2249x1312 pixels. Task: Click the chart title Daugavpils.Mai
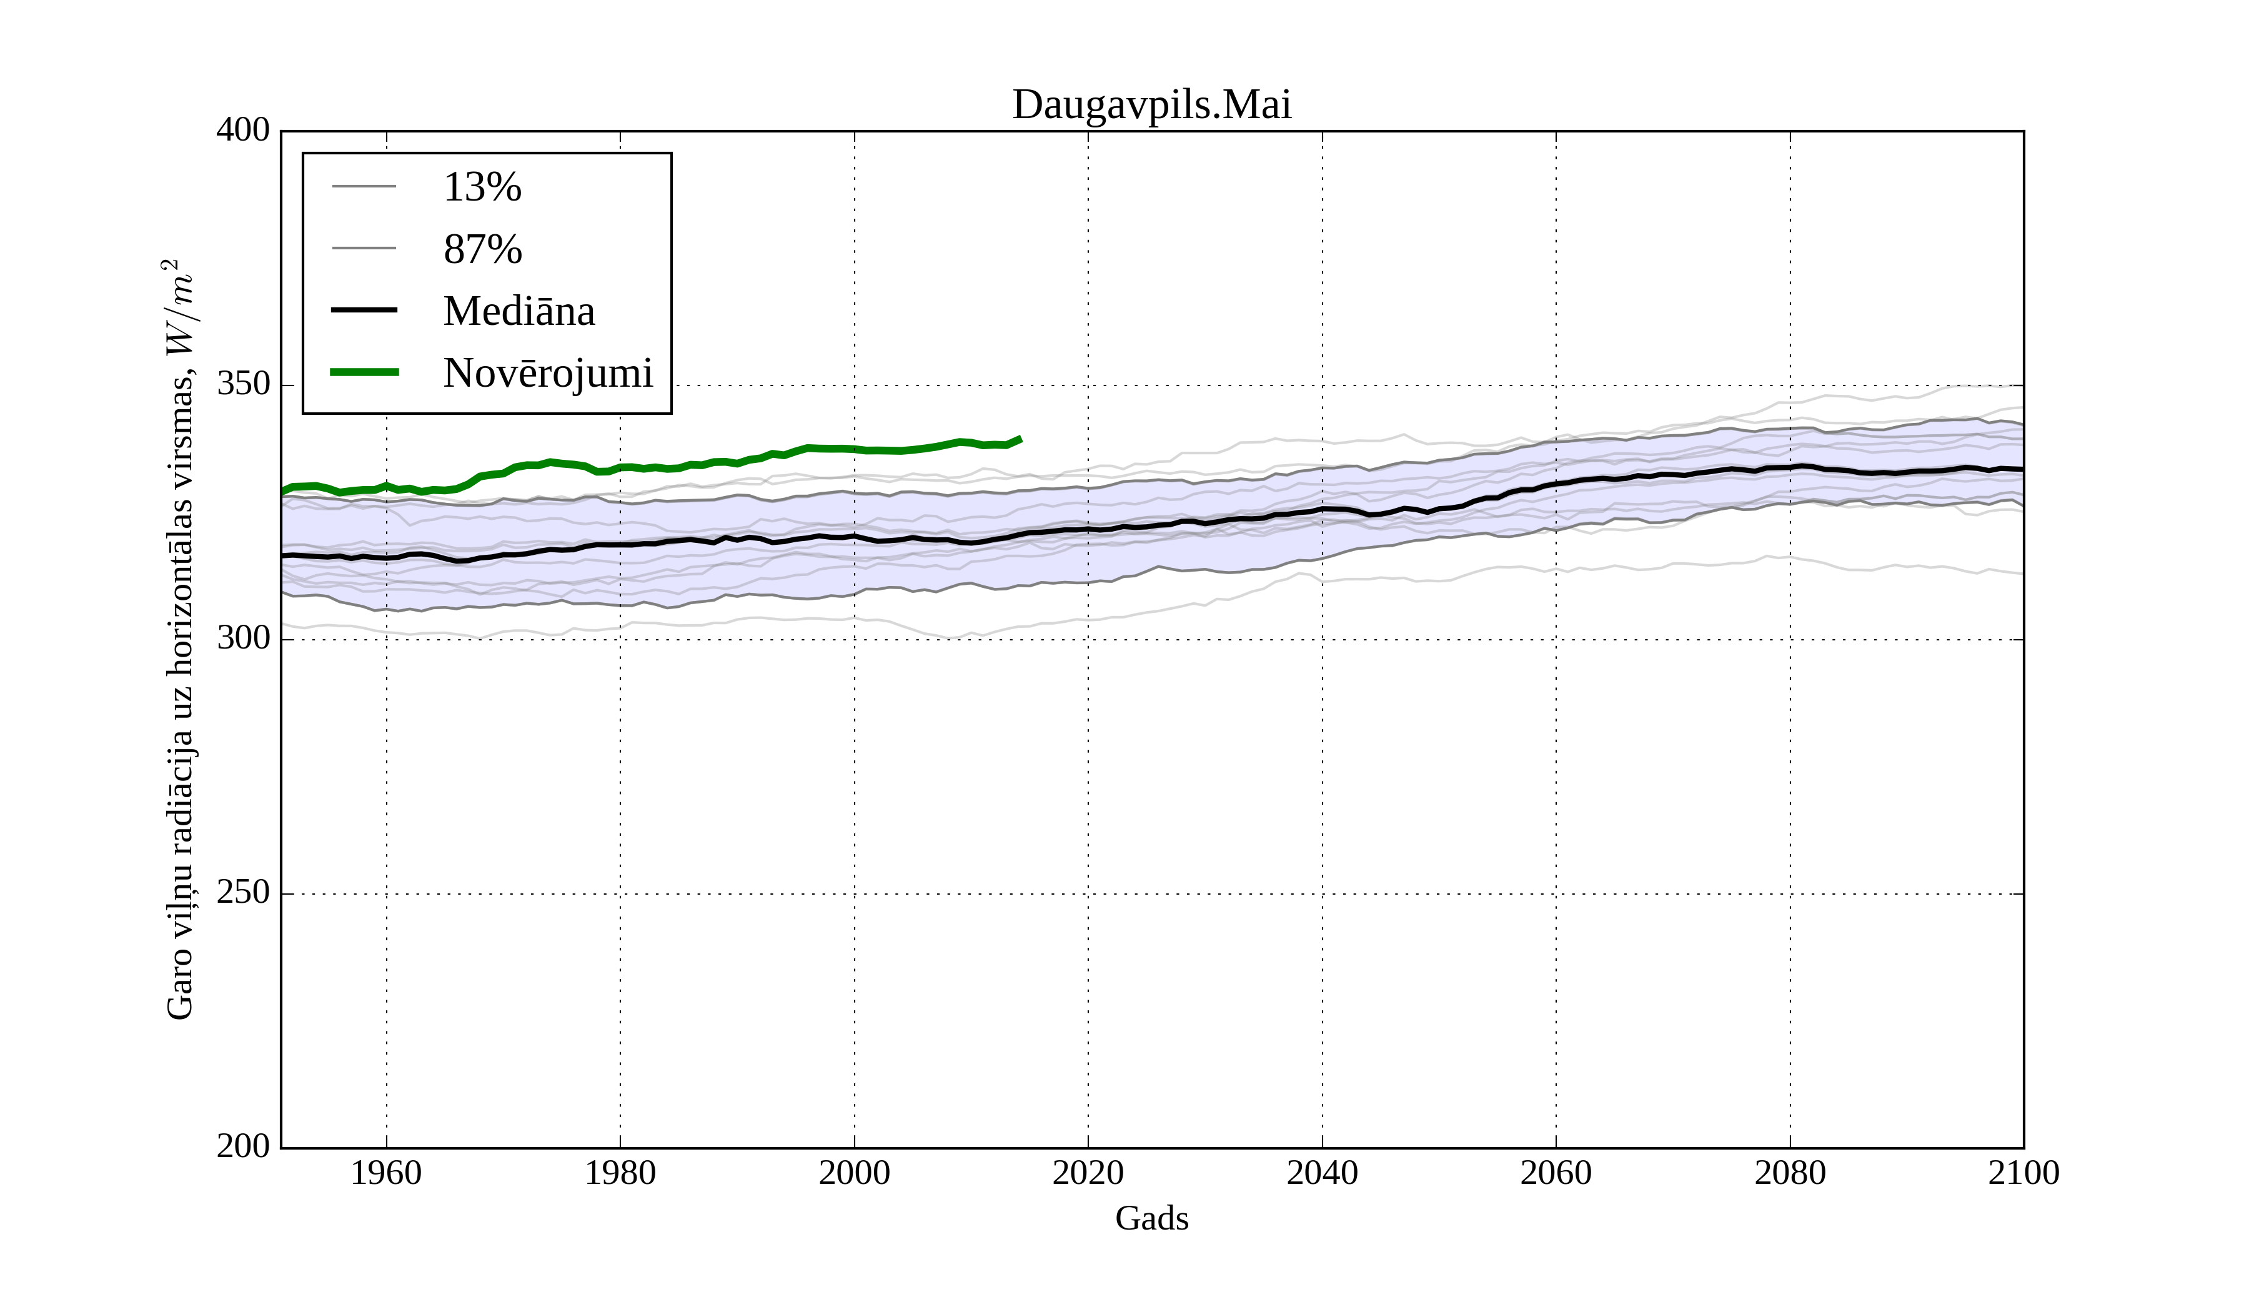(x=1151, y=106)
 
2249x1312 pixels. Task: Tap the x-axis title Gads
(x=1151, y=1219)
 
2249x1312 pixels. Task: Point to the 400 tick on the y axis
(x=243, y=131)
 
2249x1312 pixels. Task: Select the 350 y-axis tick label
(x=243, y=385)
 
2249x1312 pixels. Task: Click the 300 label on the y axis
(x=243, y=639)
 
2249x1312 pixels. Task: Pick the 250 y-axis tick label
(x=243, y=893)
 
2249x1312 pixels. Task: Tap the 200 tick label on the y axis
(x=243, y=1146)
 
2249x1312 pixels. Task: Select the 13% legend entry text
(x=482, y=187)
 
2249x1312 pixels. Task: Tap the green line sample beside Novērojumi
(x=364, y=372)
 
